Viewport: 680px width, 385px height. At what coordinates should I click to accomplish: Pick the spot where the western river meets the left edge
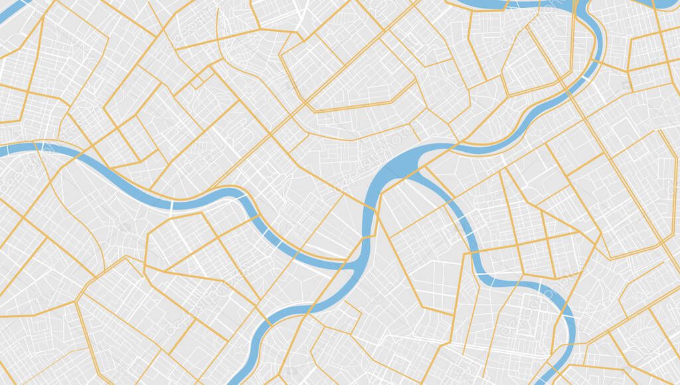point(3,151)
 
